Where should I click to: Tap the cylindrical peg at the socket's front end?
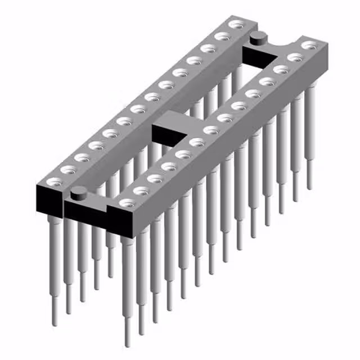click(x=78, y=192)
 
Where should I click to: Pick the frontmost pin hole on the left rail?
click(x=53, y=182)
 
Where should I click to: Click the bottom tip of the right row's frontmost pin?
click(x=129, y=341)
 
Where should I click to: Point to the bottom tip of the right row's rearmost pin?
click(x=309, y=185)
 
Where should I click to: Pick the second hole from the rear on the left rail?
click(x=223, y=37)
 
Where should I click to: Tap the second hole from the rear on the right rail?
click(x=293, y=57)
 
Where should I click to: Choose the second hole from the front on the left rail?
click(x=67, y=169)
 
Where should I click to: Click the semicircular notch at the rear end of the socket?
click(x=277, y=40)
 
